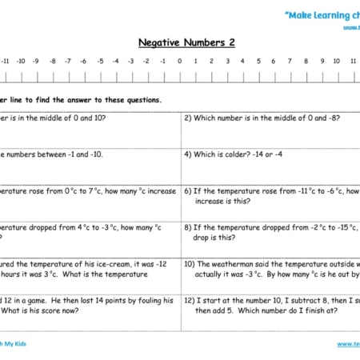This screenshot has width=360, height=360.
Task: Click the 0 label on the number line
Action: coord(179,61)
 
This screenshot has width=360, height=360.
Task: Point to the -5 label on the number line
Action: coord(99,61)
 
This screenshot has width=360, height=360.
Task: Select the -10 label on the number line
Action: coord(21,61)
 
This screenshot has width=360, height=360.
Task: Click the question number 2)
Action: coord(188,118)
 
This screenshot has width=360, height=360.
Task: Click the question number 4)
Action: coord(188,154)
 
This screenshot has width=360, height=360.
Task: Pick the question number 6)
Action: coord(188,191)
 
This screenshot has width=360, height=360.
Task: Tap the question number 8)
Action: coord(188,227)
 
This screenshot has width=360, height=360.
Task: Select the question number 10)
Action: coord(190,264)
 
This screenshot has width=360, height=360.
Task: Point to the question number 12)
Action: coord(190,300)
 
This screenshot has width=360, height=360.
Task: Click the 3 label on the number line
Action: coord(226,61)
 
